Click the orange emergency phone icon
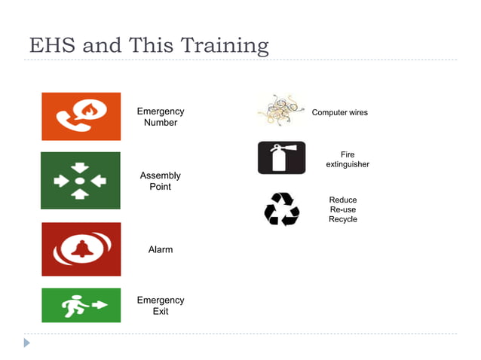(x=81, y=116)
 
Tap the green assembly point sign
(x=80, y=181)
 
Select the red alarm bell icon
(x=81, y=249)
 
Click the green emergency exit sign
(x=81, y=305)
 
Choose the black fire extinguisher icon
(x=281, y=157)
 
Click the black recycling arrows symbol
(x=281, y=209)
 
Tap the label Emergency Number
(x=160, y=117)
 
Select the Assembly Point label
(x=160, y=181)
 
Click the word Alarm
(x=160, y=249)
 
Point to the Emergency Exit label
(x=160, y=305)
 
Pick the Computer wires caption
(x=339, y=112)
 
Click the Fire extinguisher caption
(x=347, y=160)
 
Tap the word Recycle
(x=342, y=219)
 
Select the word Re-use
(x=342, y=209)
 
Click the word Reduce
(x=342, y=200)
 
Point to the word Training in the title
(x=224, y=47)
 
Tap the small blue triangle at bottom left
(x=27, y=343)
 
